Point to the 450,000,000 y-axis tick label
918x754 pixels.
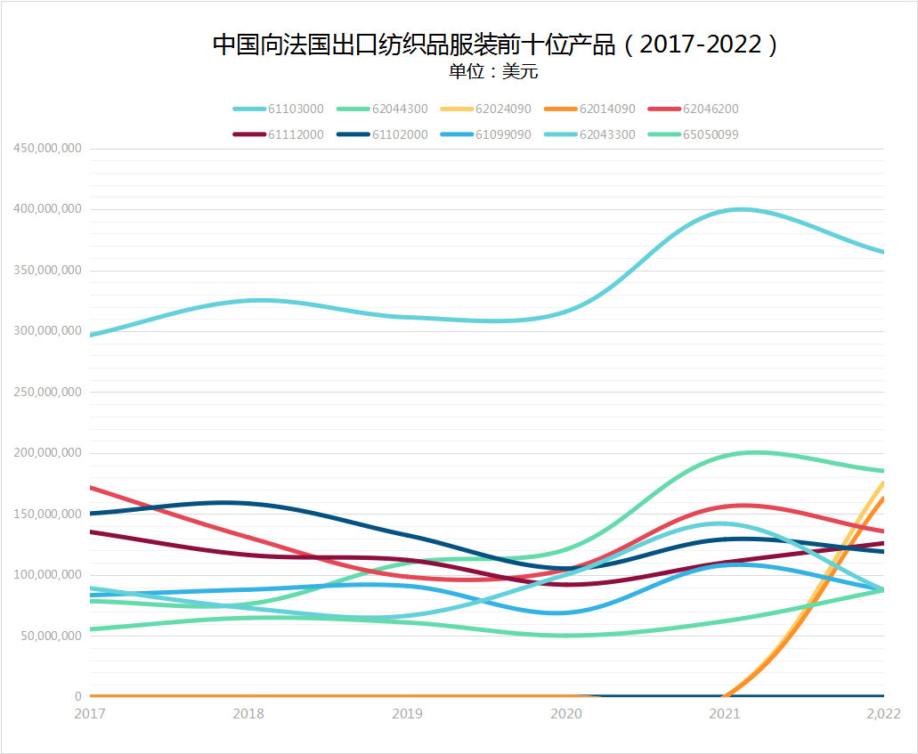pos(46,148)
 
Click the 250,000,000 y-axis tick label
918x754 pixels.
pos(46,392)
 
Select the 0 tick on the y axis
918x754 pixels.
pos(77,696)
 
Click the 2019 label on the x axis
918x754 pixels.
pos(408,714)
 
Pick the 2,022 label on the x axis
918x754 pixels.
pos(883,714)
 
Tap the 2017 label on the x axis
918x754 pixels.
pos(89,714)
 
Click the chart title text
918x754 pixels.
pos(495,45)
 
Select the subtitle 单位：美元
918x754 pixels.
pos(493,72)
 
